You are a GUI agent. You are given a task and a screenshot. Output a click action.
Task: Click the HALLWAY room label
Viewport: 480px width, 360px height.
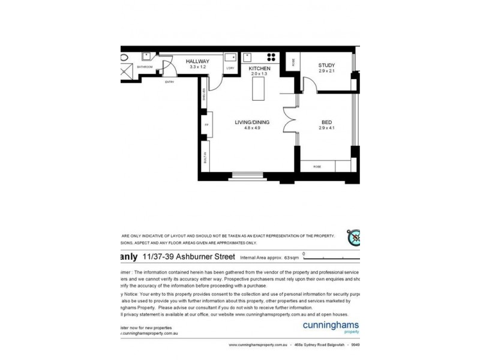pos(197,61)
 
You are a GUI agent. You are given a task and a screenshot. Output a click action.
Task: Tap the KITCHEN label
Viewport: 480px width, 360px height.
pos(260,68)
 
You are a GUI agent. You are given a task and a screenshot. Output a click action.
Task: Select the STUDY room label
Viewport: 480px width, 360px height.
pos(326,65)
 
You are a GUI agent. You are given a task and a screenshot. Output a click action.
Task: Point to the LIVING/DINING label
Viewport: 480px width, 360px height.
pos(252,122)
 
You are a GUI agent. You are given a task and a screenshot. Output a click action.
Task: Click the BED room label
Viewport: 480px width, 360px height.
pos(326,122)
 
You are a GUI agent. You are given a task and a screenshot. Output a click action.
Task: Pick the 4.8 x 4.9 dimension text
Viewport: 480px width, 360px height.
pos(252,128)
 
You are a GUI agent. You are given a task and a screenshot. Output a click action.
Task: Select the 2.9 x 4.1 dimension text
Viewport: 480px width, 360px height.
pos(326,128)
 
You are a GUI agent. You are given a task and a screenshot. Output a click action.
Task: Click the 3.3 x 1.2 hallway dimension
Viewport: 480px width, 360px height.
pos(197,67)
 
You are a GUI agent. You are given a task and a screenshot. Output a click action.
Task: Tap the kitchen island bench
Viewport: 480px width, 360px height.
pos(260,90)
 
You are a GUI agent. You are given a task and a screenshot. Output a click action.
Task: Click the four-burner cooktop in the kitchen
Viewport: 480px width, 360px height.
pos(271,58)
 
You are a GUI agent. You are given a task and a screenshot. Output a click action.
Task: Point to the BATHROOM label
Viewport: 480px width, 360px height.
pos(145,67)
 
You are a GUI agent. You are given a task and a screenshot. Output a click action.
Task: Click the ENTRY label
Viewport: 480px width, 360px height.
pos(169,82)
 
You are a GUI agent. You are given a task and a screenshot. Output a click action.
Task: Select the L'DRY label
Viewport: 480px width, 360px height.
pos(230,68)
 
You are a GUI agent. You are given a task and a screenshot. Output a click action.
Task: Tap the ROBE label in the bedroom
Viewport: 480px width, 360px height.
pos(317,167)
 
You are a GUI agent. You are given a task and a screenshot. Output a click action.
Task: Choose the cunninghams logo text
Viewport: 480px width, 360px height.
pos(329,324)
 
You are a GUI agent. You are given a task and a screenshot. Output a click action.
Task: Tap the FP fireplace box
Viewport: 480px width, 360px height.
pos(205,125)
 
